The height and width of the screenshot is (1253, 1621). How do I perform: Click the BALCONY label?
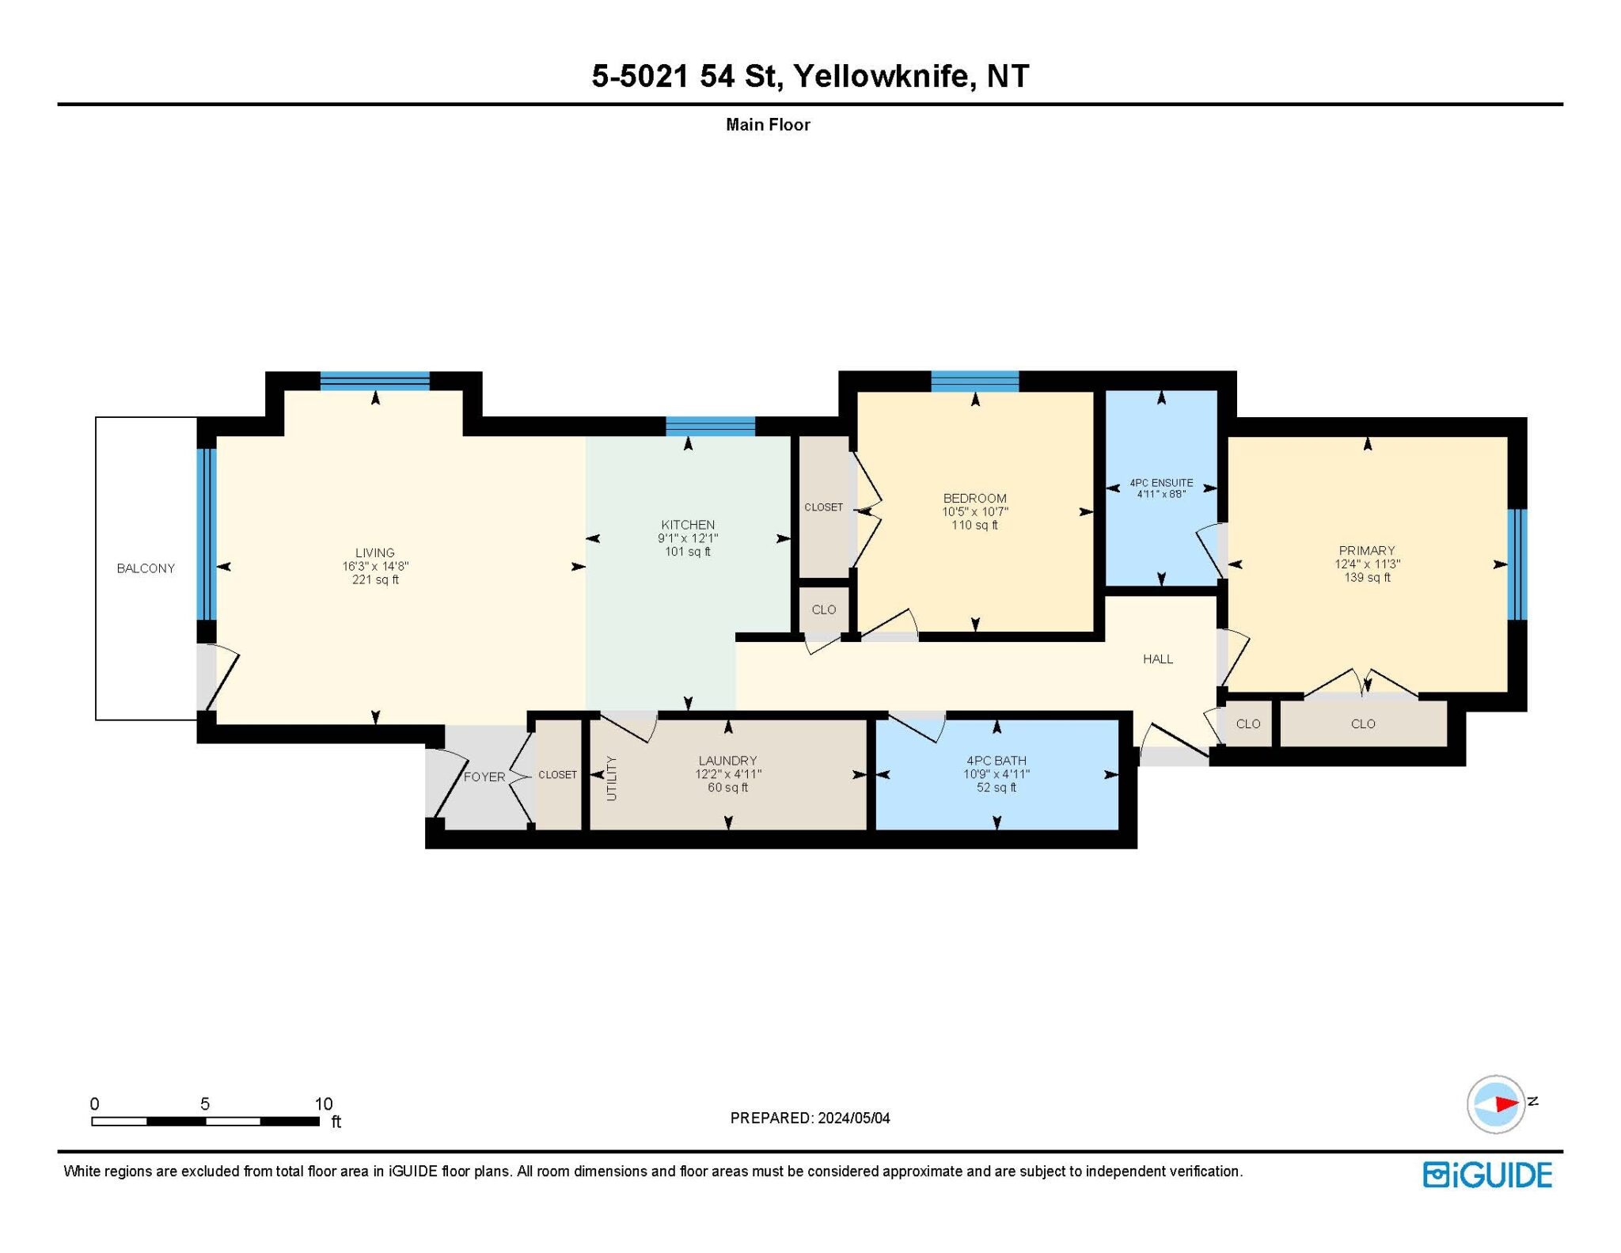click(146, 568)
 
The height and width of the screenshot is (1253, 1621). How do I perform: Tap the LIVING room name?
click(374, 552)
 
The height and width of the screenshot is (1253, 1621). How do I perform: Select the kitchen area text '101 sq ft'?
click(688, 552)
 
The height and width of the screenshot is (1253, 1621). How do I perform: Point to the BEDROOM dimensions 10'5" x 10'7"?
click(974, 512)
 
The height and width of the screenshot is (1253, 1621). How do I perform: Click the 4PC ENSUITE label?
click(1161, 483)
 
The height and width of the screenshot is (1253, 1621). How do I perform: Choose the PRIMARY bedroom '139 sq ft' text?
click(1367, 578)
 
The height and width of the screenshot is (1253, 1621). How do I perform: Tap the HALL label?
click(1157, 659)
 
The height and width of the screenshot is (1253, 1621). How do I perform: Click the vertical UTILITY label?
click(611, 778)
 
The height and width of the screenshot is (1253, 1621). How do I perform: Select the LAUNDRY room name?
click(727, 761)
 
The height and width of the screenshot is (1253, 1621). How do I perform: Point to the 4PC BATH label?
click(996, 761)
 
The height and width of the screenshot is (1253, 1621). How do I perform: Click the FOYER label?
click(484, 777)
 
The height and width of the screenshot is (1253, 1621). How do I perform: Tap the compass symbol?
click(1496, 1103)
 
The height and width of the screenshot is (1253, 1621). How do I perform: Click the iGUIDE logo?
click(1487, 1175)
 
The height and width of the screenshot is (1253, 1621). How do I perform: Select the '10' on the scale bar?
click(323, 1103)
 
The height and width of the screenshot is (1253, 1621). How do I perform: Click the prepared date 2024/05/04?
click(853, 1118)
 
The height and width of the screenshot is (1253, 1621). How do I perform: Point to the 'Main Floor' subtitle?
click(768, 125)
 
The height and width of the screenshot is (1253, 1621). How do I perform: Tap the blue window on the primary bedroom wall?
click(1517, 564)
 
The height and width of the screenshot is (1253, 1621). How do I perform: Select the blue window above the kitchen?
click(710, 427)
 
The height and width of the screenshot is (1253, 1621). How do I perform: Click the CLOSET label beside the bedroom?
click(823, 507)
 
